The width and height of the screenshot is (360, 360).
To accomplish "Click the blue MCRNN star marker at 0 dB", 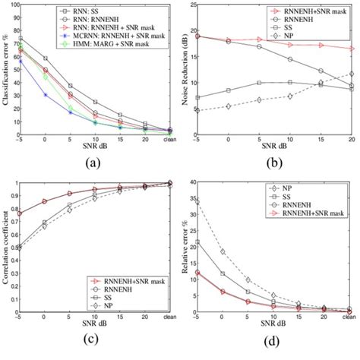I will coord(45,95).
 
